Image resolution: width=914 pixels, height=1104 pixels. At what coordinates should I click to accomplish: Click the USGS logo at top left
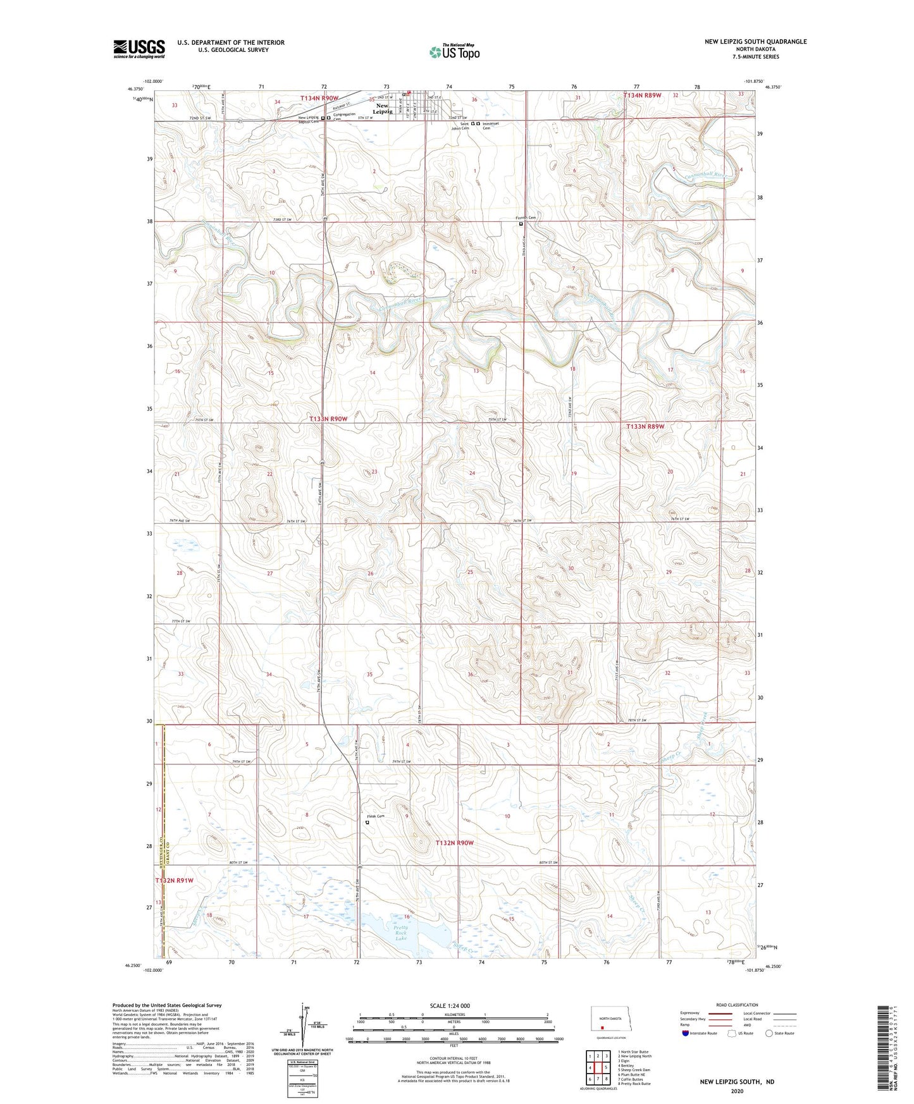pos(139,49)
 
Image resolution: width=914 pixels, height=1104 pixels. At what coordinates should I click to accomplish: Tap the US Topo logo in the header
pos(454,52)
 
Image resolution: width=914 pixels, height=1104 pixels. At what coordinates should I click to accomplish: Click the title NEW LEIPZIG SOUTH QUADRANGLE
pos(755,42)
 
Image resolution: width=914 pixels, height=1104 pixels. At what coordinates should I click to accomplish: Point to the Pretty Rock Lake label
pos(401,933)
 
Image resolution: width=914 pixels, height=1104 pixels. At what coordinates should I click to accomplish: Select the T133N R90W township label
pos(328,419)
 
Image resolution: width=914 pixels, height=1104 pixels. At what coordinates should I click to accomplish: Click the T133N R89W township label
pos(645,426)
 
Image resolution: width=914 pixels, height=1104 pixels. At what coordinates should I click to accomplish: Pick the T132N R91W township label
pos(175,880)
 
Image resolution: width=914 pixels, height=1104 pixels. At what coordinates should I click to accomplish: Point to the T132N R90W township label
pos(454,843)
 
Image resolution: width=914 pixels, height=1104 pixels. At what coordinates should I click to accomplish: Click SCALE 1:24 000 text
pos(454,1005)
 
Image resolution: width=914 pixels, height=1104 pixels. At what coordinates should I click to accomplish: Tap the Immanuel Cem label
pos(491,126)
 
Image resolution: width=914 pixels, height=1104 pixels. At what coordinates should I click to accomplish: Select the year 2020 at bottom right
pos(736,1091)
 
